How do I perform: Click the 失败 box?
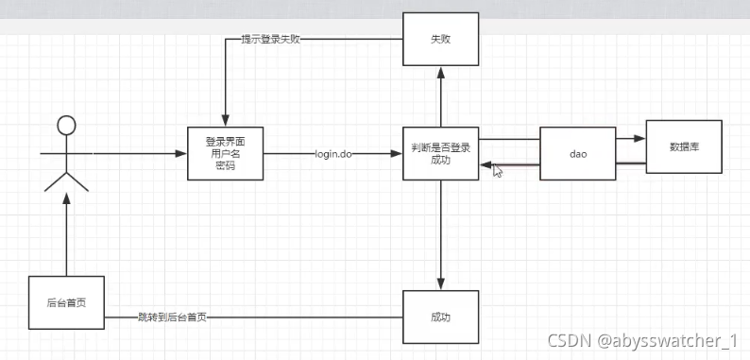coord(440,41)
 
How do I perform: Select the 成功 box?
coord(440,317)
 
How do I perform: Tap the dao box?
coord(578,153)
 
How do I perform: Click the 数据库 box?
coord(683,147)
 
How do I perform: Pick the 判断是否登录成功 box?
coord(440,153)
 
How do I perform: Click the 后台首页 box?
coord(65,302)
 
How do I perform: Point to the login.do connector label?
coord(333,153)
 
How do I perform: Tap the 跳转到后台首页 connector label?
coord(172,317)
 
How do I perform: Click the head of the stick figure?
coord(65,126)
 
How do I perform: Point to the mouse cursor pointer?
coord(497,170)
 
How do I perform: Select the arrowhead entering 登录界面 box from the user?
coord(181,153)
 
